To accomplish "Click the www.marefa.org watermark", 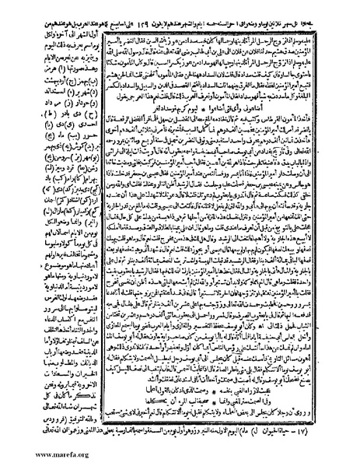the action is point(39,458).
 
